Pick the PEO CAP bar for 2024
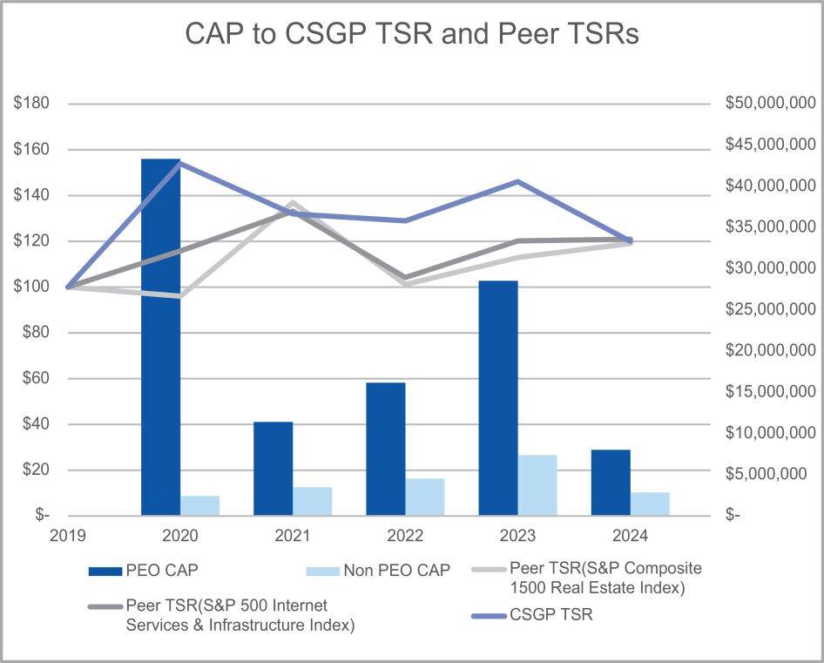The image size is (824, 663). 611,483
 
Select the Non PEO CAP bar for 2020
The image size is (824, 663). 200,505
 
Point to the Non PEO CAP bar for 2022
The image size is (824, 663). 425,497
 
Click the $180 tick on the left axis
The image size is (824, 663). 31,104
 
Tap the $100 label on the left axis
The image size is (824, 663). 31,287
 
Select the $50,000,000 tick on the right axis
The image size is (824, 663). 770,104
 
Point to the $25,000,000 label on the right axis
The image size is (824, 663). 770,309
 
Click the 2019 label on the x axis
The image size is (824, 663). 67,534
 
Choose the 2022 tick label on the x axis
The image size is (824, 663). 405,534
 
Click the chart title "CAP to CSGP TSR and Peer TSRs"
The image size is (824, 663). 412,34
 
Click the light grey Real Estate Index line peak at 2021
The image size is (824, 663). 293,203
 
